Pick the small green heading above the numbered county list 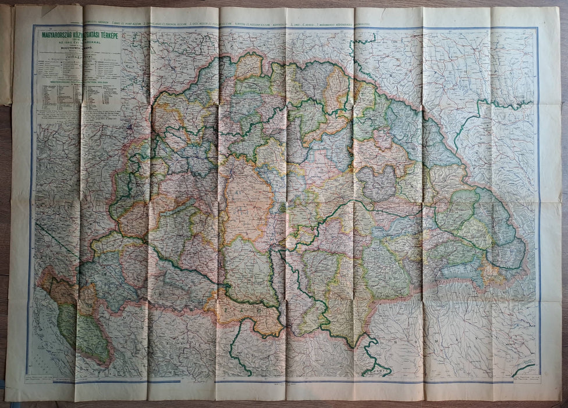(78, 82)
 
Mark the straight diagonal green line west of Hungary (55, 239)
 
